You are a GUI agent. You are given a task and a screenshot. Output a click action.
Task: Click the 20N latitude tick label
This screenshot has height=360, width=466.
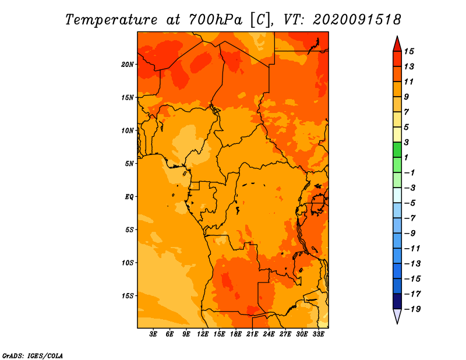(x=128, y=65)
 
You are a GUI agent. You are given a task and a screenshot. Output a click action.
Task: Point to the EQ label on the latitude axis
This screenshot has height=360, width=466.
(x=129, y=197)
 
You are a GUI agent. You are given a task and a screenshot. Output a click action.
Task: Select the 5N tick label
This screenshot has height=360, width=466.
(x=129, y=164)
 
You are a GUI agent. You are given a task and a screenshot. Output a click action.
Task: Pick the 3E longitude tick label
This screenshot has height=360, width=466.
(x=153, y=334)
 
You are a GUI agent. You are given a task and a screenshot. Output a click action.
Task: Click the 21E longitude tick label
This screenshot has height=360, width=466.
(x=252, y=334)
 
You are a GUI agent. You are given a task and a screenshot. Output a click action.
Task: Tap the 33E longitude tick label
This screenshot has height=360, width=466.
(x=318, y=334)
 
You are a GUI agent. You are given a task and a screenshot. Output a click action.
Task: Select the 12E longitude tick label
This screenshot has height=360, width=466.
(x=202, y=334)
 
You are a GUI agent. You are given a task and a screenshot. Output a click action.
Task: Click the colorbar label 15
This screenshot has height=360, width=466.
(x=409, y=51)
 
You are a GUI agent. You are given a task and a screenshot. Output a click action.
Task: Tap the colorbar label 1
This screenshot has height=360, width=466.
(x=406, y=157)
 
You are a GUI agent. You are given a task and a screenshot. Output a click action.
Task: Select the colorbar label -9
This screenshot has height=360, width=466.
(x=410, y=234)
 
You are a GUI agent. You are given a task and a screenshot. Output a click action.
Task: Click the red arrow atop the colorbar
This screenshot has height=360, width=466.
(x=397, y=45)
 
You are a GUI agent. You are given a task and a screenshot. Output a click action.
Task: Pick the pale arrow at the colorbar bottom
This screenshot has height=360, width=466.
(x=397, y=316)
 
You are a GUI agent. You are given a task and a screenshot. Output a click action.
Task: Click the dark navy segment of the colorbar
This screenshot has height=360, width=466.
(x=397, y=301)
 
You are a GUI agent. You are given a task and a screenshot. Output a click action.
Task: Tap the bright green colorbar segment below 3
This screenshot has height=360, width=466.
(x=397, y=150)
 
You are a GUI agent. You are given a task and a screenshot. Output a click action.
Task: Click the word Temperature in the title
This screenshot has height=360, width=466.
(x=111, y=20)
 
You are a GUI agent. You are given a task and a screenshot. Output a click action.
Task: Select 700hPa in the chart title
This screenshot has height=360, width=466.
(x=215, y=20)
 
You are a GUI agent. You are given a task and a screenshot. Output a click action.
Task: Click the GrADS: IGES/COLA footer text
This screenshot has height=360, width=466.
(x=33, y=355)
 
